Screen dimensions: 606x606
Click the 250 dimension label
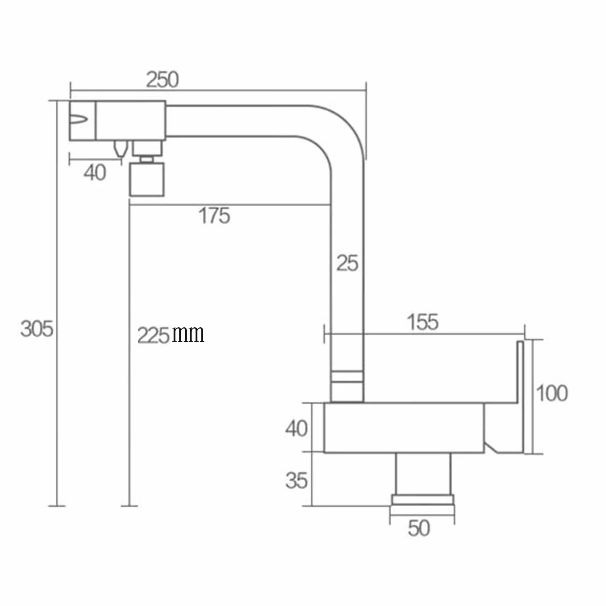tap(162, 80)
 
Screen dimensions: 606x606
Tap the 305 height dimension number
tap(37, 329)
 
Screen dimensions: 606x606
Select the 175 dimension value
tap(214, 216)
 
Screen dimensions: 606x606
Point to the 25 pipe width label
tap(347, 263)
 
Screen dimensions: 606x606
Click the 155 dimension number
tap(423, 322)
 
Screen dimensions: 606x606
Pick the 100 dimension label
tap(552, 393)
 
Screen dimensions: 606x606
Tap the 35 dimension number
tap(296, 480)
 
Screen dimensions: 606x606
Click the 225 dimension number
tap(153, 335)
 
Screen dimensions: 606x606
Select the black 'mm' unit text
tap(188, 335)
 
